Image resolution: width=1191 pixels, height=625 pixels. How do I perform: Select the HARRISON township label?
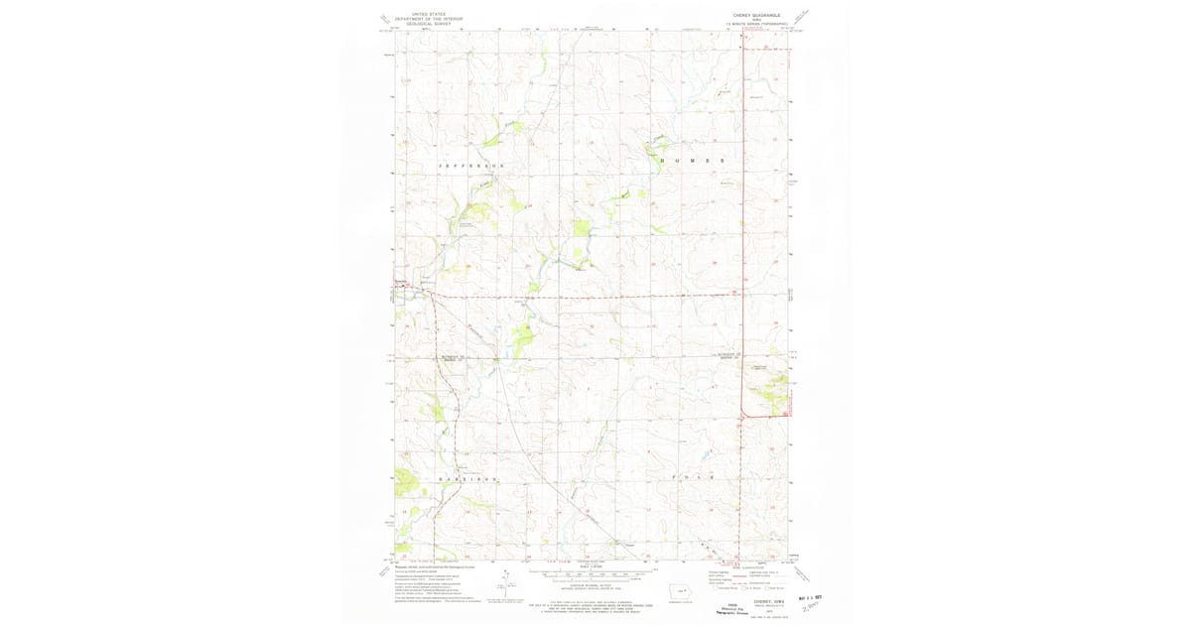(x=466, y=479)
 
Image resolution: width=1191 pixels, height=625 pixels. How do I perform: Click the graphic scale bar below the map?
(x=593, y=573)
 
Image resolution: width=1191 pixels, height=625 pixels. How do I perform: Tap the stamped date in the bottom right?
(x=810, y=598)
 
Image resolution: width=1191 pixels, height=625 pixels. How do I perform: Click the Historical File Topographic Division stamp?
(x=729, y=608)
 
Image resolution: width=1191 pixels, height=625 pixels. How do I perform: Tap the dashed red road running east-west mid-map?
(x=595, y=297)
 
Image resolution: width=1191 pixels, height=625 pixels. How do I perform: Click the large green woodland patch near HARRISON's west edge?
(x=407, y=485)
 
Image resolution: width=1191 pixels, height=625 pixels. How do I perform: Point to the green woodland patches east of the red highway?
(x=769, y=397)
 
